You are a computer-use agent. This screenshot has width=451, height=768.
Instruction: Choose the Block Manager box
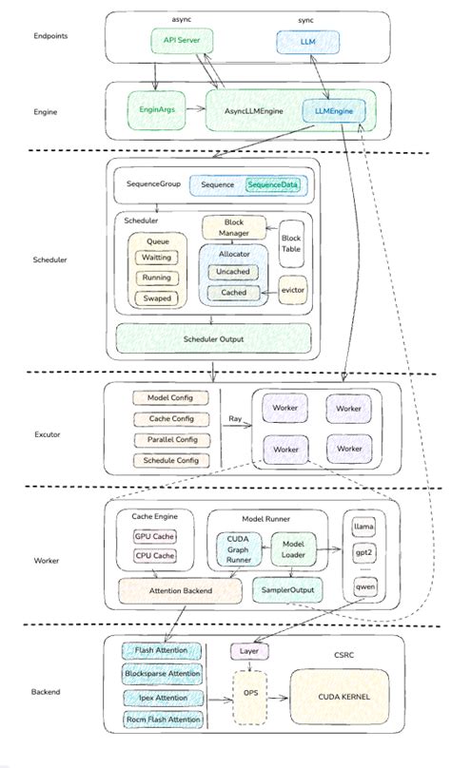pyautogui.click(x=234, y=228)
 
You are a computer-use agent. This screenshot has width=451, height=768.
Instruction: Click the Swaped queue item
pyautogui.click(x=157, y=298)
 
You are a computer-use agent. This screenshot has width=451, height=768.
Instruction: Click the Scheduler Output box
pyautogui.click(x=213, y=338)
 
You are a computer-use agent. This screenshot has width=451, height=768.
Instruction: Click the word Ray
pyautogui.click(x=235, y=418)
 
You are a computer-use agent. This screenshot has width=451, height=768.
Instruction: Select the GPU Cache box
pyautogui.click(x=154, y=535)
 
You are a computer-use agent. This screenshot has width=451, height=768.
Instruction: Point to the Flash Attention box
pyautogui.click(x=162, y=651)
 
